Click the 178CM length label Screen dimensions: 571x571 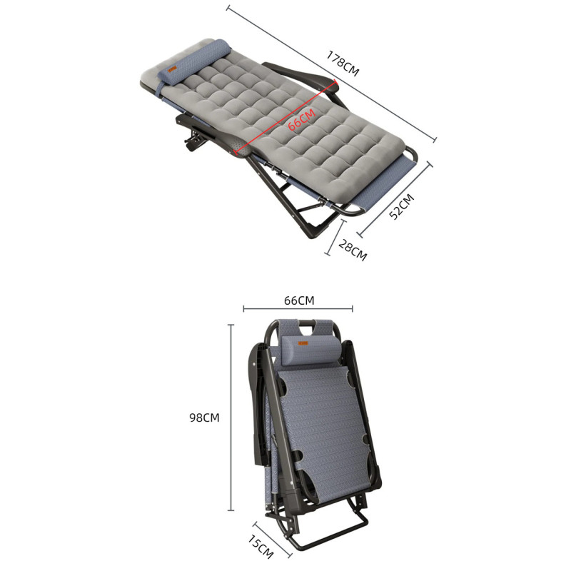pyautogui.click(x=343, y=64)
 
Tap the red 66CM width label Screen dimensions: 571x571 pyautogui.click(x=301, y=119)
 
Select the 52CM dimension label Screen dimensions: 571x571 pyautogui.click(x=402, y=206)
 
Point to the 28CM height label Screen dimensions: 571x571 pyautogui.click(x=353, y=250)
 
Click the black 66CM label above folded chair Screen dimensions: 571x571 pyautogui.click(x=299, y=300)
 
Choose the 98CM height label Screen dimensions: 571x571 pyautogui.click(x=204, y=418)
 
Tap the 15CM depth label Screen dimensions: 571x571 pyautogui.click(x=261, y=546)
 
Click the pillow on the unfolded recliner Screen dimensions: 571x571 pyautogui.click(x=194, y=62)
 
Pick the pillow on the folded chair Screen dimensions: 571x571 pyautogui.click(x=312, y=350)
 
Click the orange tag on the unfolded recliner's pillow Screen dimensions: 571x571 pyautogui.click(x=172, y=69)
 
